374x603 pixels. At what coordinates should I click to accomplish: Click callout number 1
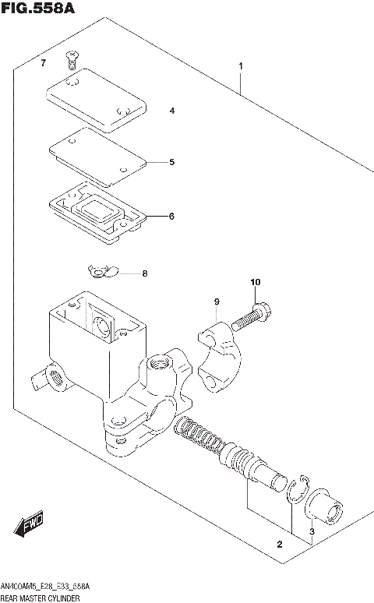242,66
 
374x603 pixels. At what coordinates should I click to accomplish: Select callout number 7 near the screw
44,62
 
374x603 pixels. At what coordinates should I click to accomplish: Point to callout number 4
172,111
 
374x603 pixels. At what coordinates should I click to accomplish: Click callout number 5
172,162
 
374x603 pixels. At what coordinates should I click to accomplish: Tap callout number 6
172,216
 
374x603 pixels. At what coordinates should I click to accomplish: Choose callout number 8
144,273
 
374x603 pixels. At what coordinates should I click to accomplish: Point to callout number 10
255,282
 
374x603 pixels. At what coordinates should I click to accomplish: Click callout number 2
280,543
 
